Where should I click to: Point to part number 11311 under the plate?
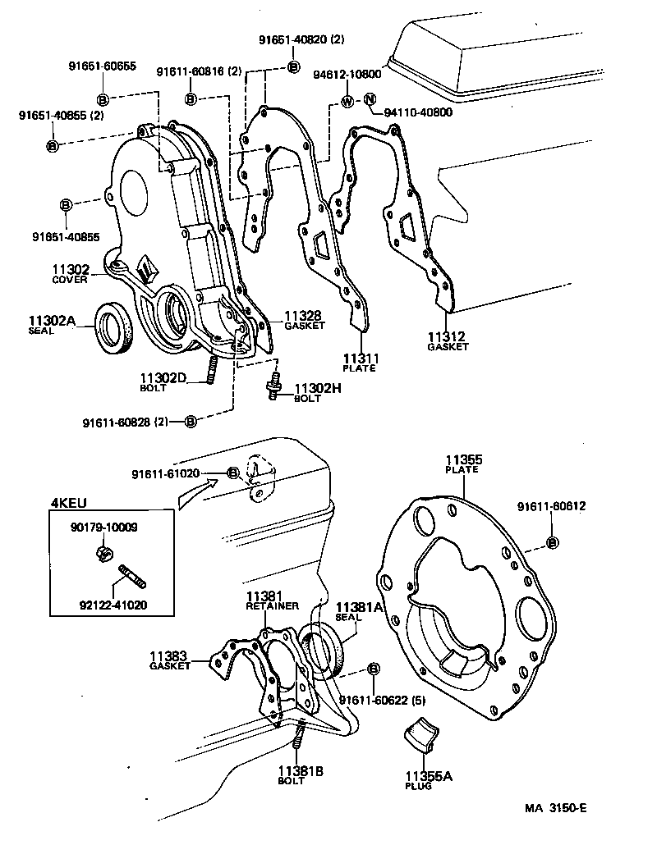[x=360, y=359]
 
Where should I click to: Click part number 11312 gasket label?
[x=447, y=336]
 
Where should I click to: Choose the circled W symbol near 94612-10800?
[x=347, y=102]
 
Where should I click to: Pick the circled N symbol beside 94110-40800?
[x=370, y=102]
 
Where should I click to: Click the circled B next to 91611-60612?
[x=552, y=542]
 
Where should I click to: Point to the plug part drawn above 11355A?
[x=424, y=733]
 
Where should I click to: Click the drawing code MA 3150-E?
[x=556, y=807]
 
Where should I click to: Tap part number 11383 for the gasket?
[x=169, y=655]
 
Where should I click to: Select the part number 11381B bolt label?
[x=300, y=770]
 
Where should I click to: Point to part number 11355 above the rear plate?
[x=464, y=460]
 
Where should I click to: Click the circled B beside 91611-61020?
[x=232, y=473]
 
